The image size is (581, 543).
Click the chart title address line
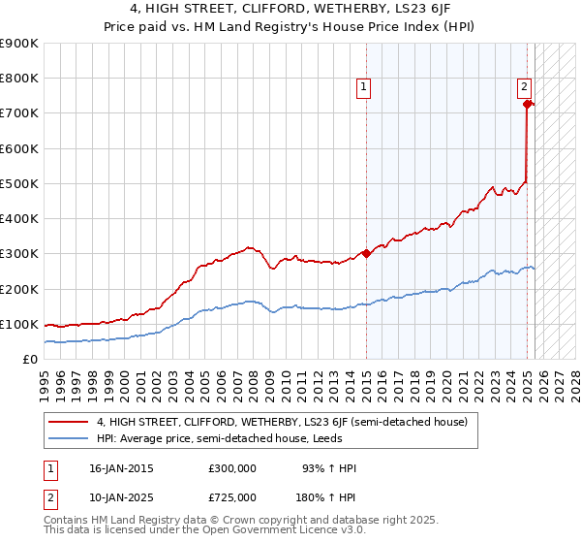(290, 9)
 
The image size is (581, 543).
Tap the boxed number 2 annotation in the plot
(524, 85)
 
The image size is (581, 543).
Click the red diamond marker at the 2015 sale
(366, 254)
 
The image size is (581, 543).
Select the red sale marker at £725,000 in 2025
(527, 104)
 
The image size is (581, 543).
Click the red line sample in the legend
(70, 422)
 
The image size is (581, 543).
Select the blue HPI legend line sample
(70, 438)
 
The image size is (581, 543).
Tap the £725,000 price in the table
(233, 497)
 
